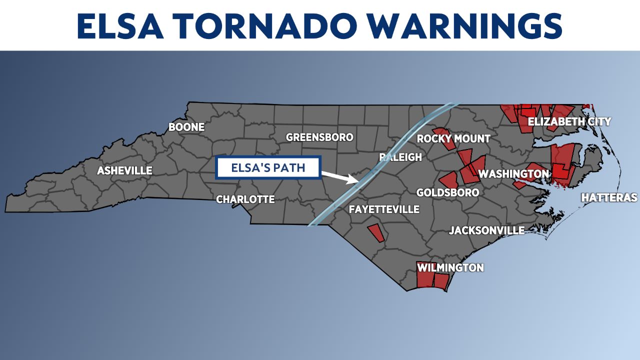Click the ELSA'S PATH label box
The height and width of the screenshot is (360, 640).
point(267,168)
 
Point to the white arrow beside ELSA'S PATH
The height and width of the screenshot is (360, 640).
point(339,176)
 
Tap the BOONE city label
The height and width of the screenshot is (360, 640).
point(186,127)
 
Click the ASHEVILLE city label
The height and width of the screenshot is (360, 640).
point(124,171)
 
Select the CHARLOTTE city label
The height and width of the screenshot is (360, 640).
point(245,199)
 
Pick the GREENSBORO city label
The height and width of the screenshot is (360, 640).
point(319,137)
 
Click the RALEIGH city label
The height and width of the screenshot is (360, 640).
point(400,157)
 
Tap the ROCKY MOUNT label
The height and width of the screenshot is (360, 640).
point(453,138)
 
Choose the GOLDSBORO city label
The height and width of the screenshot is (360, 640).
point(447,192)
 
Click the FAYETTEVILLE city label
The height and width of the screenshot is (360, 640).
point(383,209)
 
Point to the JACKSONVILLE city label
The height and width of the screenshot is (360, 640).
point(486,230)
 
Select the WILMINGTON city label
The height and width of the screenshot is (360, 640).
point(450,268)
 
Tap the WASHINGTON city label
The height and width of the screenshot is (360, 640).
point(513,174)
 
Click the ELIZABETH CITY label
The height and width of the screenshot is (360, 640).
point(569,121)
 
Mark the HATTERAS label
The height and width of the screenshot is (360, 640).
point(608,198)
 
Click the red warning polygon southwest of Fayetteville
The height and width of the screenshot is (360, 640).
point(376,233)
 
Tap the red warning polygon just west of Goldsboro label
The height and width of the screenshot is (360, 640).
point(448,180)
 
